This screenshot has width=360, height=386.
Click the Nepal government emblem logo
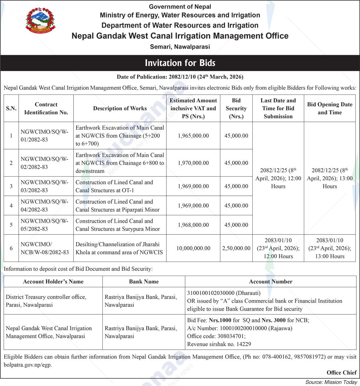click(41, 21)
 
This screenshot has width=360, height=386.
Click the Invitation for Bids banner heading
click(180, 63)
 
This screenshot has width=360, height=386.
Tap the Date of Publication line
click(180, 77)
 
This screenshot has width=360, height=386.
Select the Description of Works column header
click(120, 108)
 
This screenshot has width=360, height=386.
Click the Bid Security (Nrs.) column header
click(236, 108)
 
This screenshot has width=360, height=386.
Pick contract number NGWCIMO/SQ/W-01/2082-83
click(45, 136)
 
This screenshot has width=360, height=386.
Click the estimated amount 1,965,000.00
click(193, 136)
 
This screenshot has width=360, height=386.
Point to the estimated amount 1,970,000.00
click(193, 163)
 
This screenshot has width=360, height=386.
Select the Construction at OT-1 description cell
click(114, 186)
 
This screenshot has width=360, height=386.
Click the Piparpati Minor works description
click(117, 206)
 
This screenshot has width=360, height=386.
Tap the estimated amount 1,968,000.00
click(193, 225)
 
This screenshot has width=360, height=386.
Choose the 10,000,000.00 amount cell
click(193, 248)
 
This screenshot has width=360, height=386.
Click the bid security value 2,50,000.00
click(236, 248)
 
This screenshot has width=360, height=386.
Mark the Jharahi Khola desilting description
click(119, 248)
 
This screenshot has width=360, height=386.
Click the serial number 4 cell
click(11, 206)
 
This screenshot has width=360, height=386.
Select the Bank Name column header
click(144, 281)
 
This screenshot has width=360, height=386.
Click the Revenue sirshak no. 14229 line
click(219, 344)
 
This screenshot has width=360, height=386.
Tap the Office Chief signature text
click(341, 373)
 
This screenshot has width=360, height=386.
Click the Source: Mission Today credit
click(331, 382)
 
